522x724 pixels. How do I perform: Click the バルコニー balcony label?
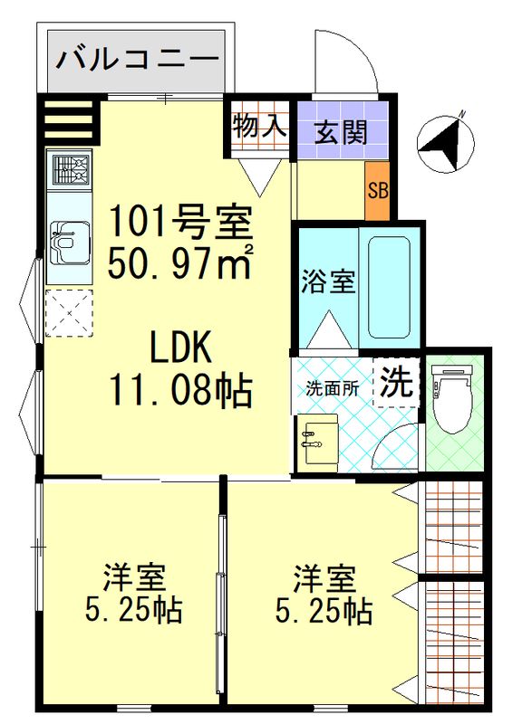pyautogui.click(x=138, y=60)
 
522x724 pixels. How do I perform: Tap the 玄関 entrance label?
pyautogui.click(x=342, y=133)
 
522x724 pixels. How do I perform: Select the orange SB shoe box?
pyautogui.click(x=378, y=191)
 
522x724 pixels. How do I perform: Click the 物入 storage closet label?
pyautogui.click(x=259, y=126)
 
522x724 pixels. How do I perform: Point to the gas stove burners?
pyautogui.click(x=71, y=169)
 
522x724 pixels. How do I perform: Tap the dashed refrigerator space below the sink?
pyautogui.click(x=70, y=313)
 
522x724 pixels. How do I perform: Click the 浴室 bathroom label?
pyautogui.click(x=328, y=281)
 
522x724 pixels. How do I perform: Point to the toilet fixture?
pyautogui.click(x=451, y=397)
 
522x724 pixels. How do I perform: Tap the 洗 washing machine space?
pyautogui.click(x=396, y=383)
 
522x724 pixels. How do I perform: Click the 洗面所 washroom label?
pyautogui.click(x=333, y=389)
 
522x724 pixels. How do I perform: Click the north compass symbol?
pyautogui.click(x=445, y=143)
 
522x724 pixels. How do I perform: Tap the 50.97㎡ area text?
pyautogui.click(x=180, y=262)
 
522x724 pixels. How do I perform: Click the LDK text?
pyautogui.click(x=180, y=347)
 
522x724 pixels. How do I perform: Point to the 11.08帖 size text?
pyautogui.click(x=180, y=391)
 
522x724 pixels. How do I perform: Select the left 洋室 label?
pyautogui.click(x=134, y=577)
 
